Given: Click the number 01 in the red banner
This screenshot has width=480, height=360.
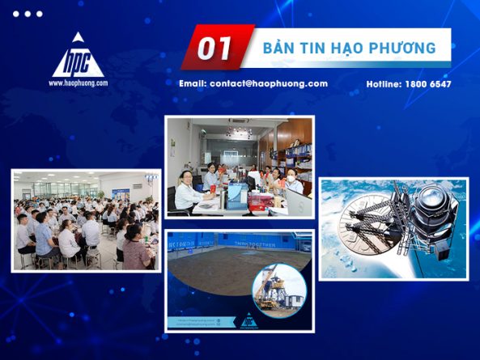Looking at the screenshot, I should point(215,48).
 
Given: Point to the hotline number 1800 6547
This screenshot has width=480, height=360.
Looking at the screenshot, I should point(427,84).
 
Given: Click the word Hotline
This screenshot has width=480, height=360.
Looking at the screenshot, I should point(384,84).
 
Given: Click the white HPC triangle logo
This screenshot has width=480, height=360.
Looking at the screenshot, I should point(78,57).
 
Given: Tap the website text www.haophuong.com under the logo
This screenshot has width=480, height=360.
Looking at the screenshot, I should point(78,83).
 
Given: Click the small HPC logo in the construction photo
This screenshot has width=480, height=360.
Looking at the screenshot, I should point(248,320).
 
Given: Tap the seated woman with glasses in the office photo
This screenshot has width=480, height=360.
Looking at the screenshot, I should point(187,191).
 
